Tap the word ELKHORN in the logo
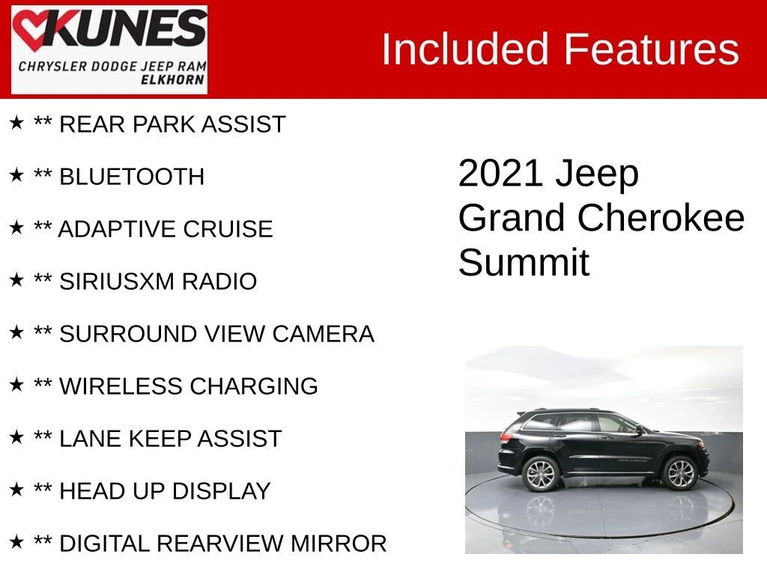173,79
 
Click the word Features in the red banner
652,49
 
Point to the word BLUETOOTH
132,177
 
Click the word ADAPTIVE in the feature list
117,229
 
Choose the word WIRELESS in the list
121,386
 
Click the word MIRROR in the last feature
339,544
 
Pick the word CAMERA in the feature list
324,334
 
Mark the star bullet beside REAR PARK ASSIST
16,123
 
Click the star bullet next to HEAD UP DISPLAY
16,490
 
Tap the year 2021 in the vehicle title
501,173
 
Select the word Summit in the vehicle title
524,263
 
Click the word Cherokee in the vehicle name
661,218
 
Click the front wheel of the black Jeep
680,473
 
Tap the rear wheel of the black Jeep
541,474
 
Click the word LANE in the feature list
91,439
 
